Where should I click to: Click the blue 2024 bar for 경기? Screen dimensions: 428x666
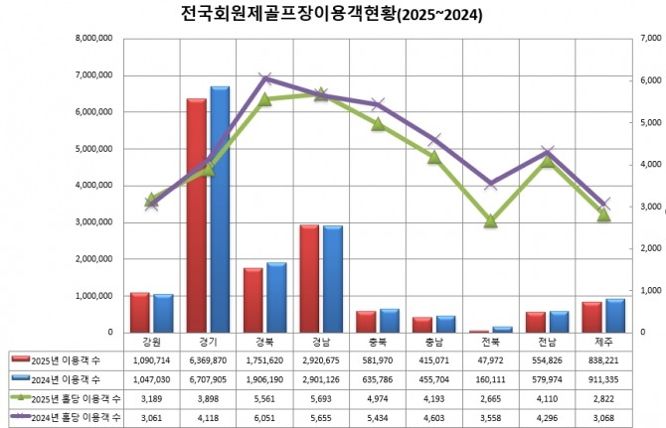pos(220,210)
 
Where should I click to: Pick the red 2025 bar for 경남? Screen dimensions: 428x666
pos(309,278)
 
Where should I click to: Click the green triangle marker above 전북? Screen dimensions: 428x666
pos(490,220)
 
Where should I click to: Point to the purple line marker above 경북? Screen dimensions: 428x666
pos(264,78)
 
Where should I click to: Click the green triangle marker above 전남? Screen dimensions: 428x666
pos(547,160)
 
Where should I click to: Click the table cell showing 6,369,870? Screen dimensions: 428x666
pos(208,358)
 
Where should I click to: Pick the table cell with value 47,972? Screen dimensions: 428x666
pos(490,358)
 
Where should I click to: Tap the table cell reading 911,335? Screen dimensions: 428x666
pos(602,378)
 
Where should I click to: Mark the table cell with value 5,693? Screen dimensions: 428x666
pos(320,398)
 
